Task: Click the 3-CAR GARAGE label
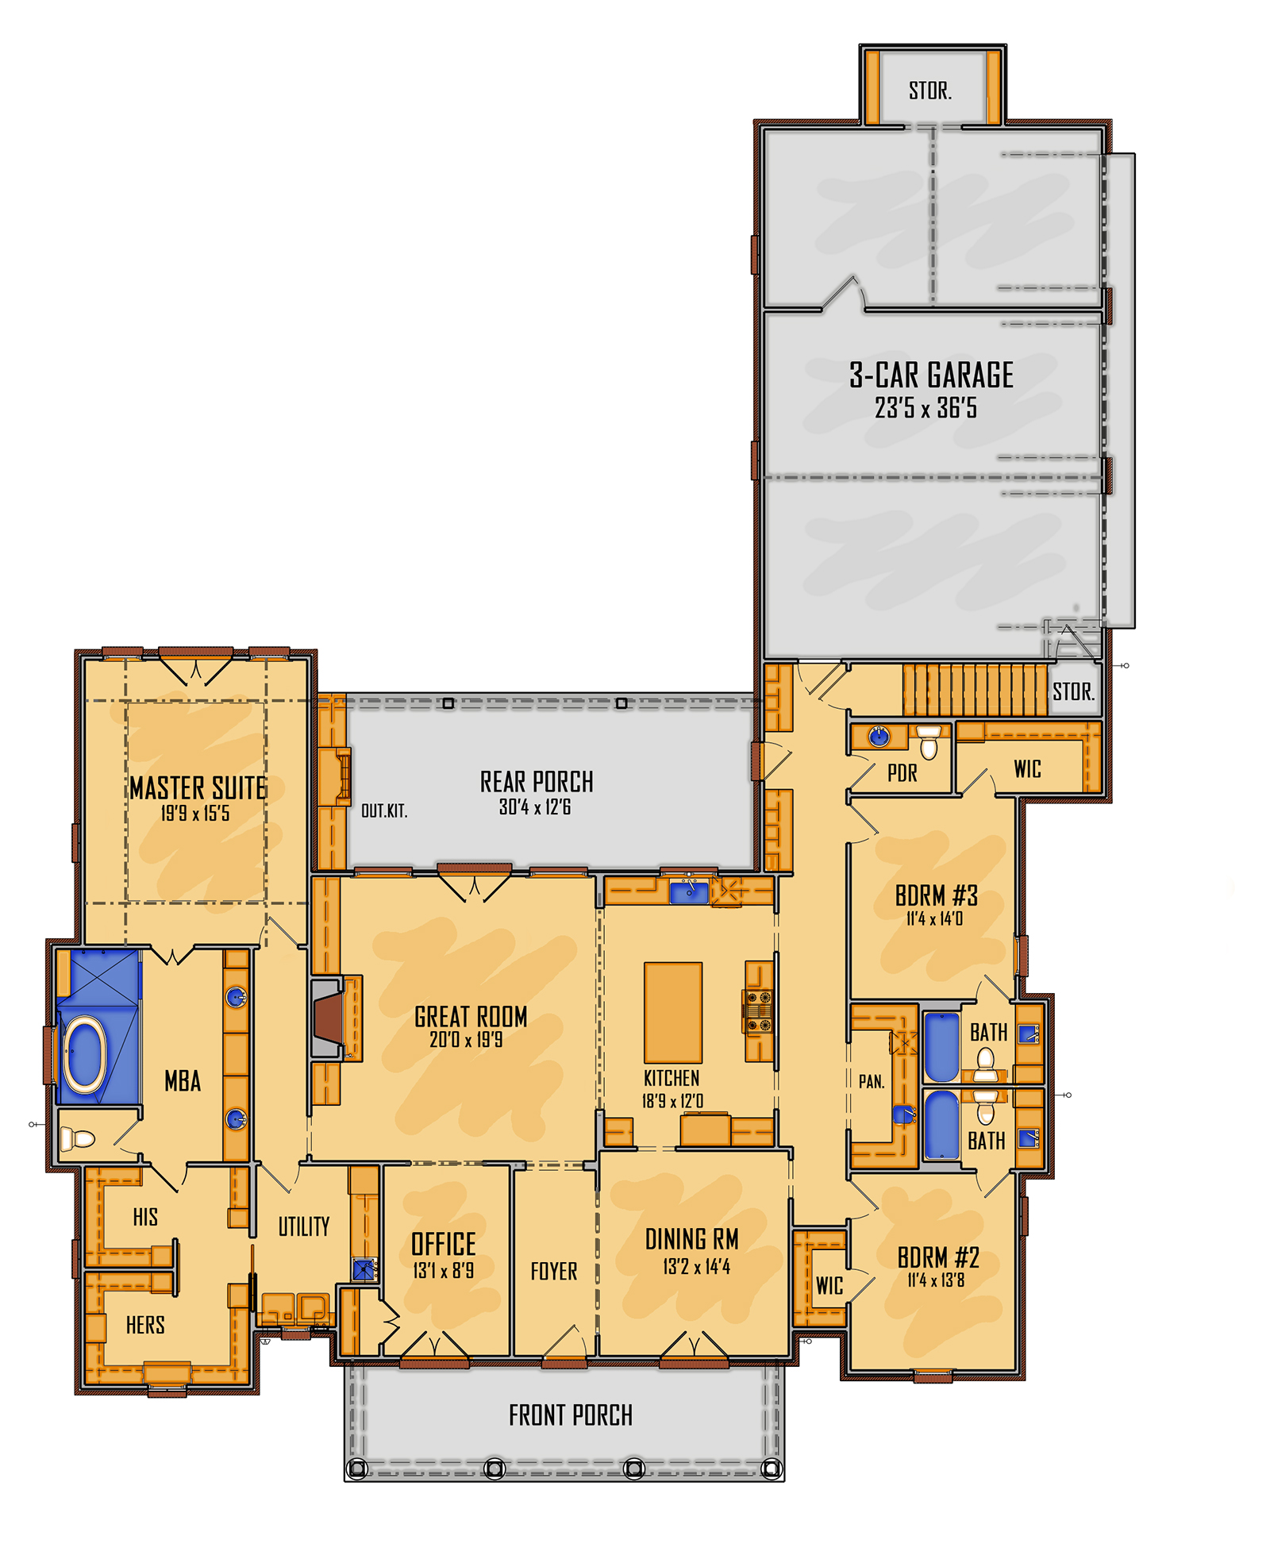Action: (930, 375)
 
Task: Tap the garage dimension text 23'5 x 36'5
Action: (926, 408)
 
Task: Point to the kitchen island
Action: (672, 1011)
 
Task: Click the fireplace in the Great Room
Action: (327, 1018)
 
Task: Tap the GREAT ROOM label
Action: (470, 1016)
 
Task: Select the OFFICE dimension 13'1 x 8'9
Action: (443, 1271)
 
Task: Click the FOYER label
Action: (553, 1271)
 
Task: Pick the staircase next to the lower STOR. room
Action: (974, 690)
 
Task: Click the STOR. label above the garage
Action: (929, 90)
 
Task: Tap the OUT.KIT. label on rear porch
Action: (383, 810)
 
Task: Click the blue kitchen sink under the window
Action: (688, 892)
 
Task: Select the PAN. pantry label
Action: (871, 1081)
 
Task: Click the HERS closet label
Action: (145, 1324)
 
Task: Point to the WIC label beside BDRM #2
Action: (829, 1285)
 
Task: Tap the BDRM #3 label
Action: (936, 895)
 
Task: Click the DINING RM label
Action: (691, 1239)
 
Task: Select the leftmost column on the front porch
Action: (357, 1469)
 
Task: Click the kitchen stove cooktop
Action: (758, 1010)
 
